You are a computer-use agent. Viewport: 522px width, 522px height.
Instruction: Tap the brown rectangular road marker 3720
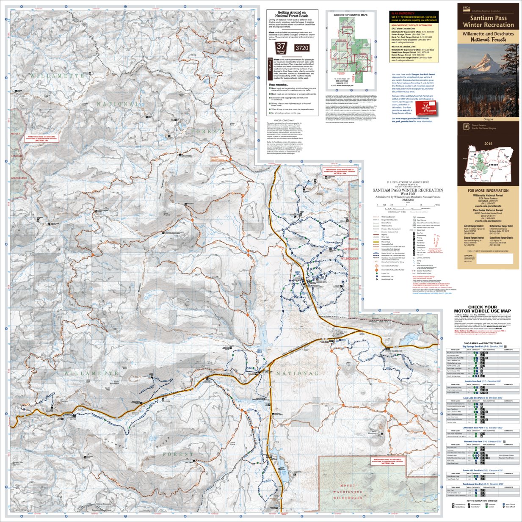(302, 48)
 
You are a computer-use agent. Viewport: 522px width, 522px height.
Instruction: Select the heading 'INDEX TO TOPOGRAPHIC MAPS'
(351, 15)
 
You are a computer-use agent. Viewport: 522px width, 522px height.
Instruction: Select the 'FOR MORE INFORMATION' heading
(488, 191)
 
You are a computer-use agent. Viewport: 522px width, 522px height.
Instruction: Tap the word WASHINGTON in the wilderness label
(348, 492)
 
